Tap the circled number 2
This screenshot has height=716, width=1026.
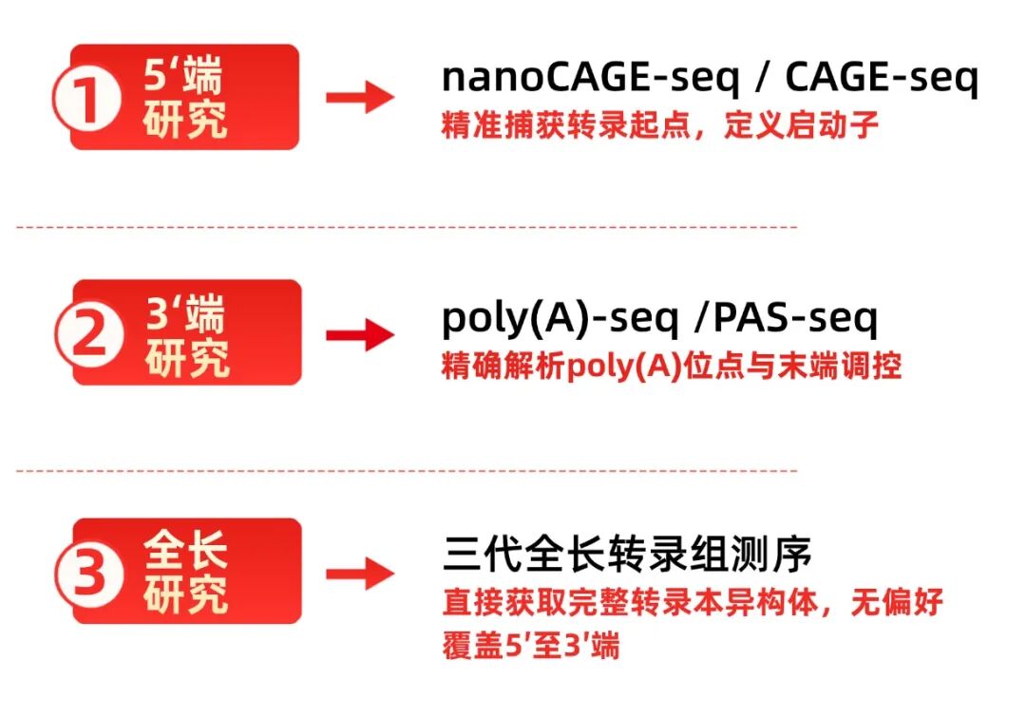87,337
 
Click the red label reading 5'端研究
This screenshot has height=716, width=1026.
185,98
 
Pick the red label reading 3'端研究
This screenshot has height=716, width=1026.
187,332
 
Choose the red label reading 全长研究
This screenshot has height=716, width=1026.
187,570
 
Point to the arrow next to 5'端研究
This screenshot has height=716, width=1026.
359,98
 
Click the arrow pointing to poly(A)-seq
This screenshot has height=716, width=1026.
359,334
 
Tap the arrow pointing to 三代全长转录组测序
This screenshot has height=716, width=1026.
359,573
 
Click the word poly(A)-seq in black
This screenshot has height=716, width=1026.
560,319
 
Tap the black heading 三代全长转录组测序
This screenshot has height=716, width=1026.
628,555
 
